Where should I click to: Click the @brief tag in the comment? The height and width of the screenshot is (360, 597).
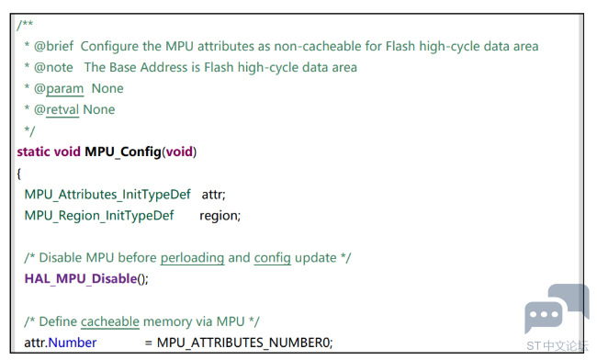(x=53, y=46)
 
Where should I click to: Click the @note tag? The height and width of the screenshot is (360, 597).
(x=53, y=67)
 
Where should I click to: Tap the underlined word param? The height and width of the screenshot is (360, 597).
(x=64, y=89)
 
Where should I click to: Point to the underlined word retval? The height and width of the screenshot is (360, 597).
(x=62, y=109)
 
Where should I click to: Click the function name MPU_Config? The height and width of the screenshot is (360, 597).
(x=123, y=152)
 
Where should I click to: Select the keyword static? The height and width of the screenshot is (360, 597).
(x=33, y=152)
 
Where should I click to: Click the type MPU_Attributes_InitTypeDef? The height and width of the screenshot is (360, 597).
(x=107, y=195)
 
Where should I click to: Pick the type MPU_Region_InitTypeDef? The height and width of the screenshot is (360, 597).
(x=99, y=216)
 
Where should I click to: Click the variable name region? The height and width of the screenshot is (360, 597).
(x=220, y=216)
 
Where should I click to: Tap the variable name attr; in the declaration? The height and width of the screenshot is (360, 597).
(x=214, y=195)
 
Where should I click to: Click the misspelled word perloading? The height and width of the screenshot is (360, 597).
(x=192, y=258)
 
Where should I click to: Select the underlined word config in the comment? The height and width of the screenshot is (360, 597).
(x=272, y=258)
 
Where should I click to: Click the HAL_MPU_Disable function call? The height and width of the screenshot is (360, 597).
(x=81, y=279)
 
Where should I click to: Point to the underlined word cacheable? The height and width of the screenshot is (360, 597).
(x=110, y=321)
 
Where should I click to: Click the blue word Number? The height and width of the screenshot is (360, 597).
(x=73, y=343)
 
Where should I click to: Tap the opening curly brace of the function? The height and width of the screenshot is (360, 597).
(x=19, y=174)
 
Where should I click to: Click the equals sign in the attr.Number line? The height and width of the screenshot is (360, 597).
(x=149, y=343)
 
